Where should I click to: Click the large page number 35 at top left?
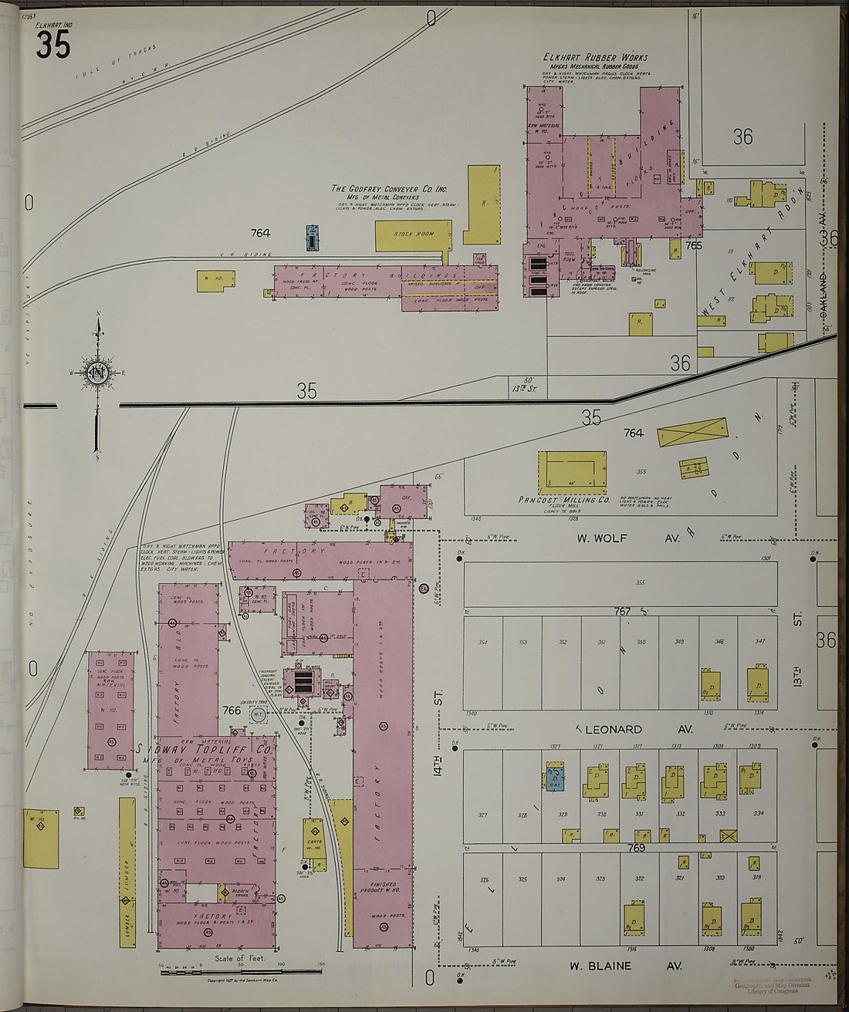[x=52, y=45]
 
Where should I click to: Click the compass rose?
[x=97, y=374]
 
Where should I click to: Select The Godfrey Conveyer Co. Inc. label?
[x=390, y=188]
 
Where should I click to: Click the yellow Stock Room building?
[x=413, y=234]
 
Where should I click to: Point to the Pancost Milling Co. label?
[x=564, y=500]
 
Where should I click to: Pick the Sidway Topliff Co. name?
[x=205, y=750]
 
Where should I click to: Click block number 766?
[x=232, y=710]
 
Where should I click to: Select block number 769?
[x=636, y=848]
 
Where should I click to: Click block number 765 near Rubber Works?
[x=693, y=245]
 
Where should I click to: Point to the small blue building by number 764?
[x=312, y=238]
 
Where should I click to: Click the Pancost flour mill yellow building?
[x=572, y=471]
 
